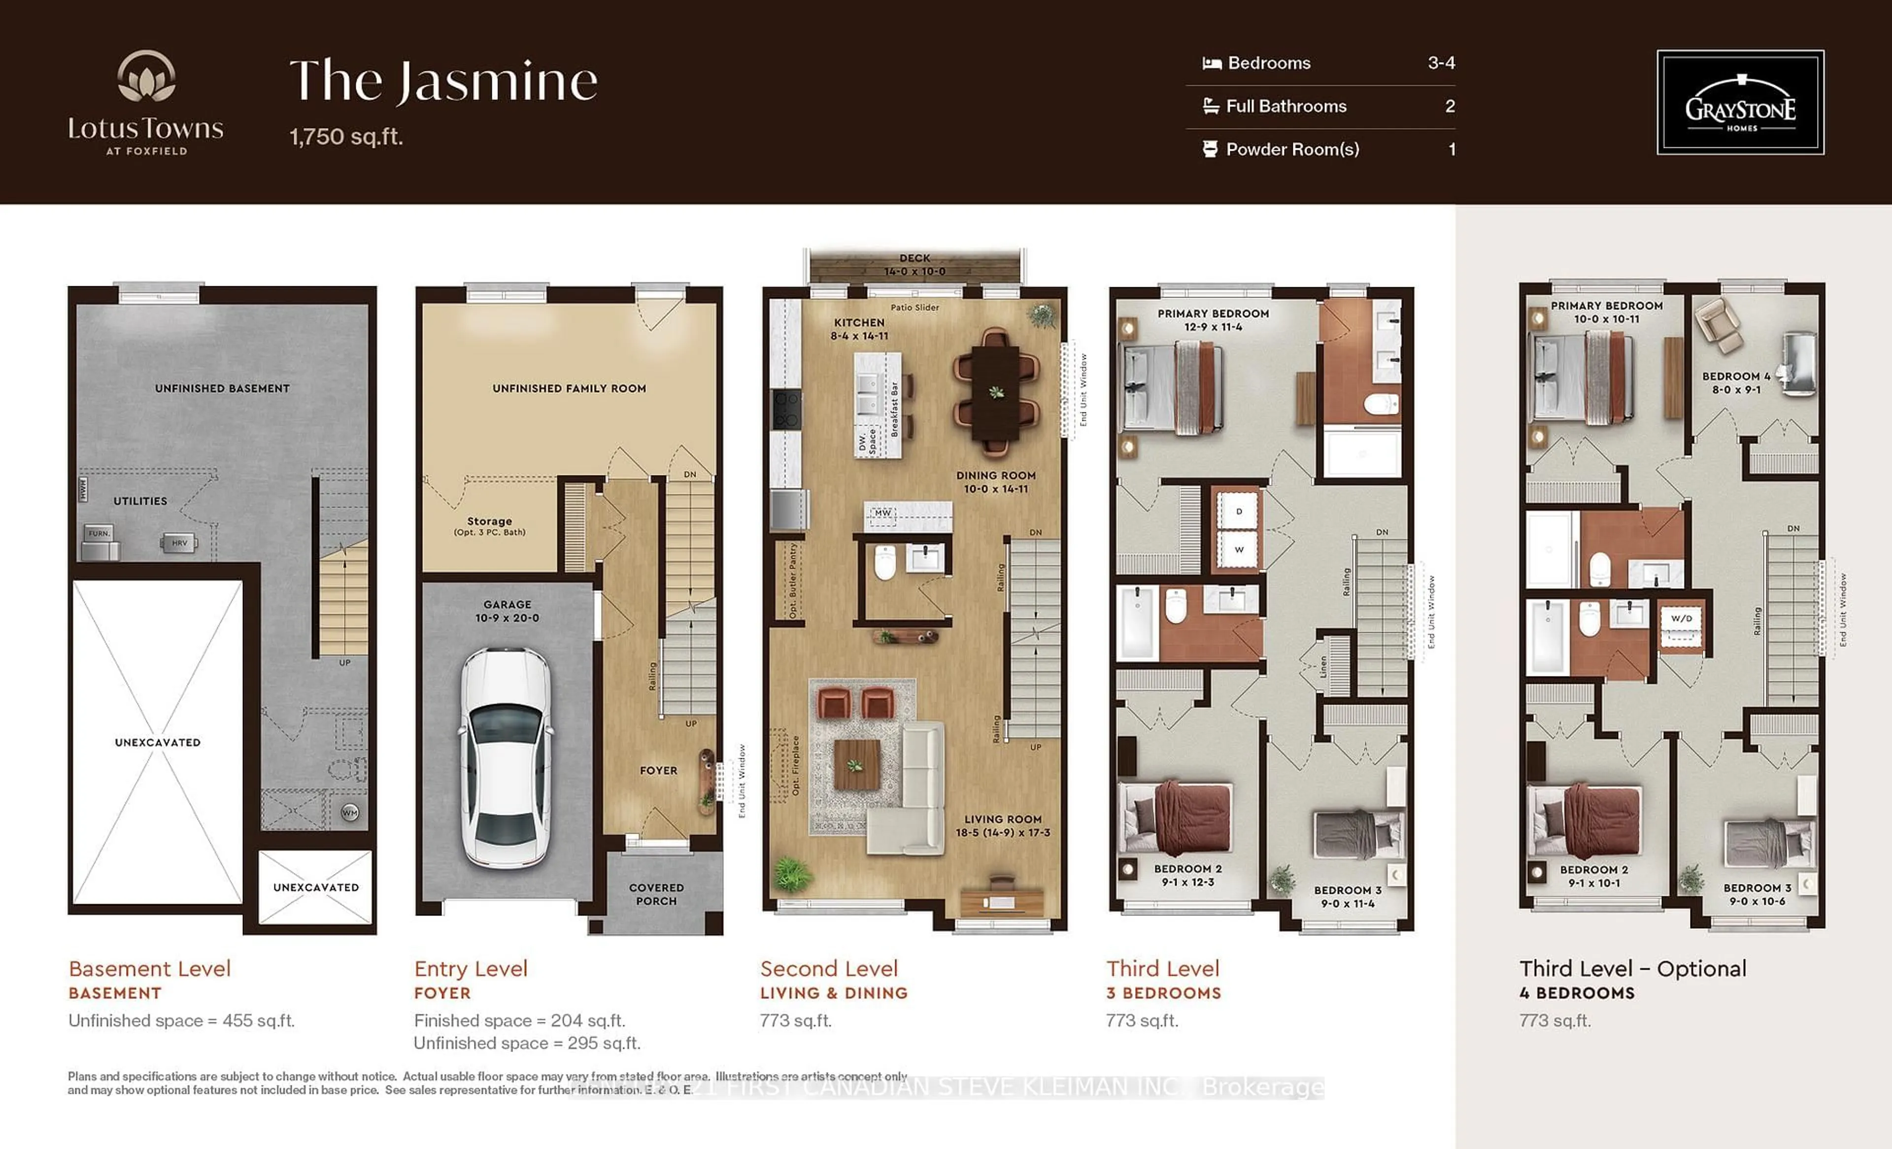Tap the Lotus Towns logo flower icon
(146, 77)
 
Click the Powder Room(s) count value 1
(1451, 149)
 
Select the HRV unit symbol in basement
(179, 543)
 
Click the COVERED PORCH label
(656, 894)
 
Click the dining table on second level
(996, 392)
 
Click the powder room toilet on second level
(885, 563)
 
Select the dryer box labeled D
(1239, 511)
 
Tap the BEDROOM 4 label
(1736, 382)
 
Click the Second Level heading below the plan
(829, 969)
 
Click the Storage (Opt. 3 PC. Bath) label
(489, 526)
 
